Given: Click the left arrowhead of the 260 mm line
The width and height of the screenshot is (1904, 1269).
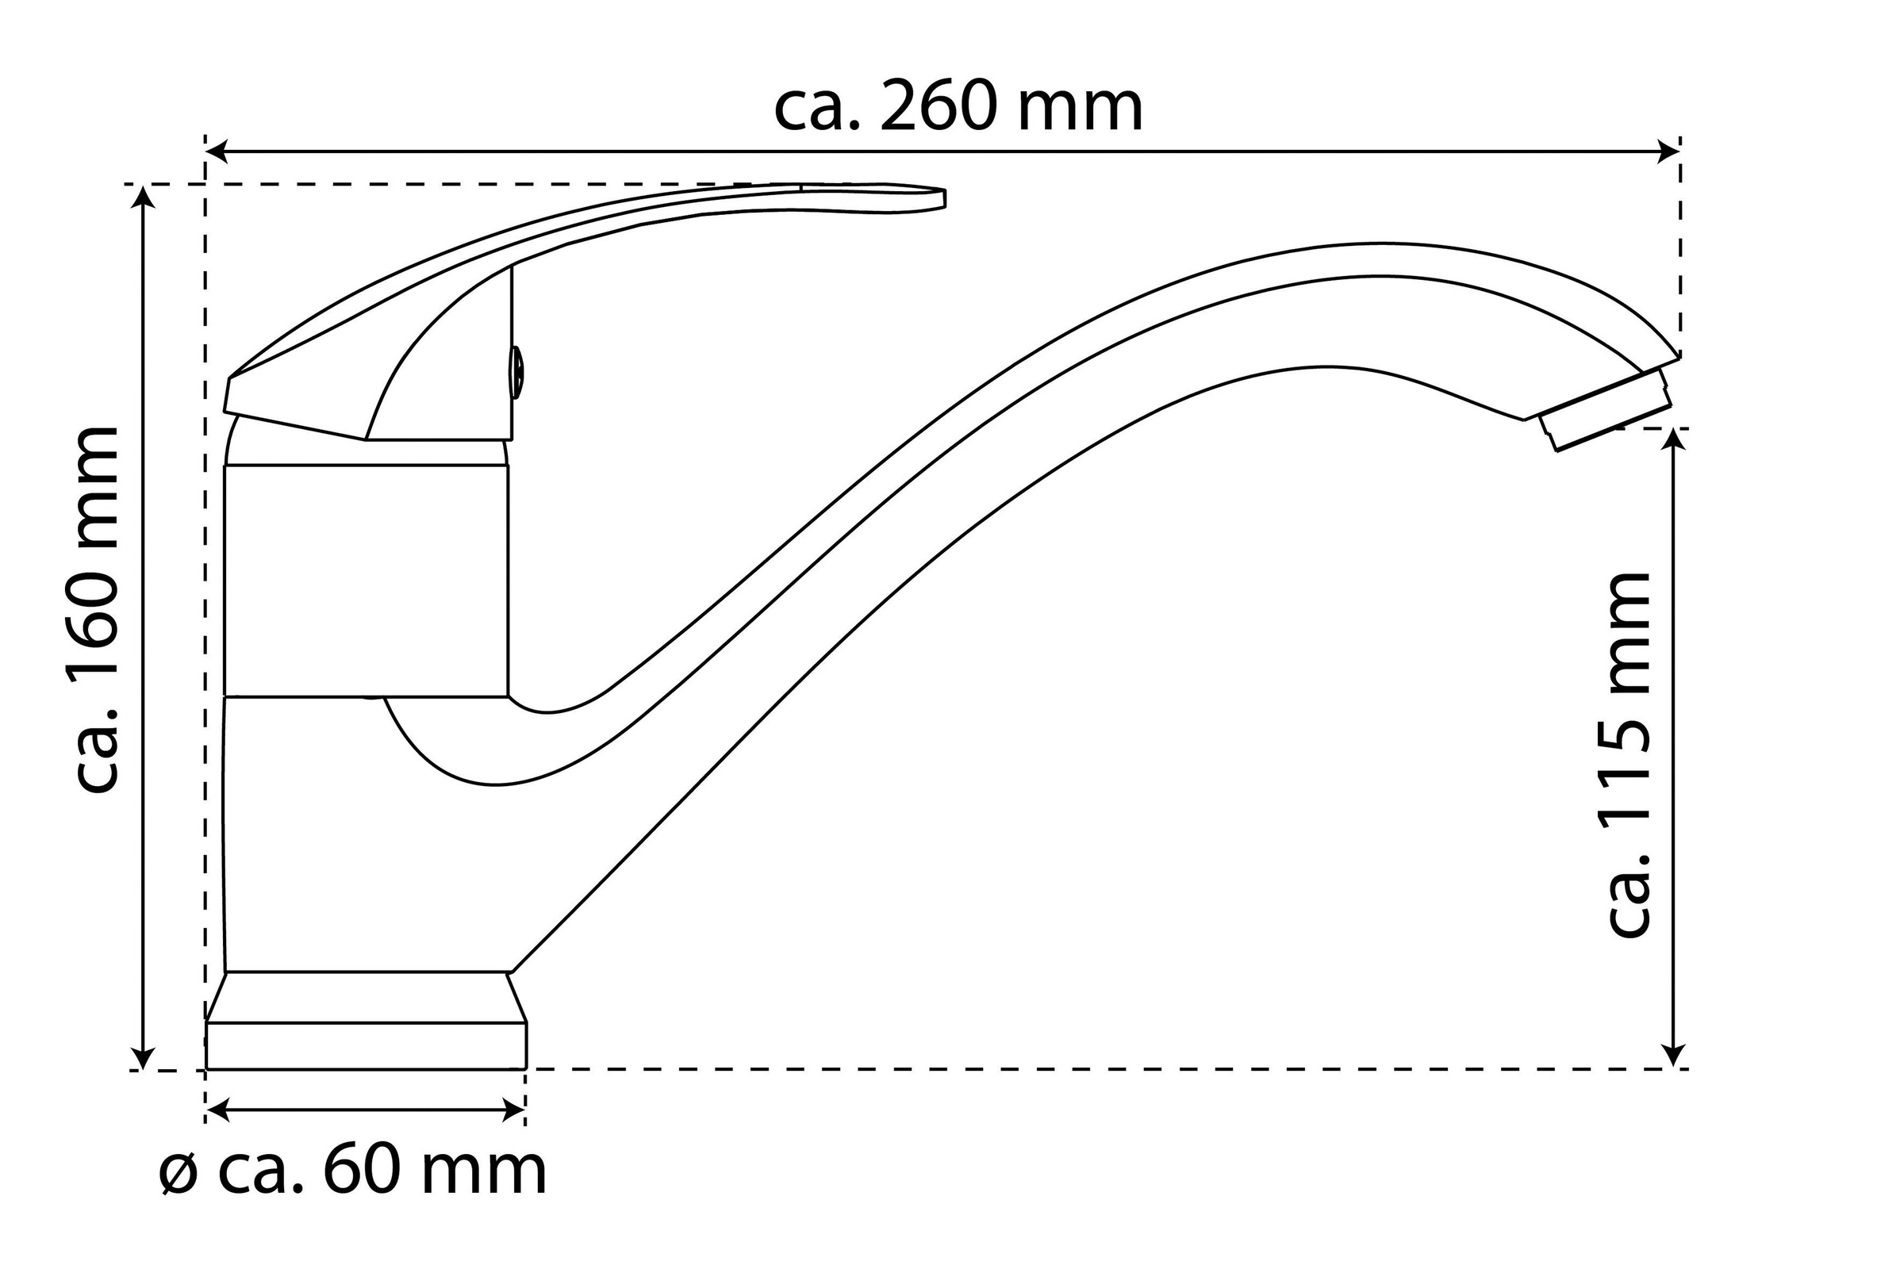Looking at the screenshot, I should tap(217, 151).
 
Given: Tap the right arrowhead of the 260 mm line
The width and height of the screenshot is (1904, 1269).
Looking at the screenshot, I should tap(1668, 151).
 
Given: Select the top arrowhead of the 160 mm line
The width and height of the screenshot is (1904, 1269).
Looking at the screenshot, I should tap(144, 197).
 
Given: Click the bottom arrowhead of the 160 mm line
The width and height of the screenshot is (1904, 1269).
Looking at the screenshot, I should tap(144, 1058).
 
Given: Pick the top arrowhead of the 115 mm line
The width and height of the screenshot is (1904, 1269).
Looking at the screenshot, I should tap(1673, 439).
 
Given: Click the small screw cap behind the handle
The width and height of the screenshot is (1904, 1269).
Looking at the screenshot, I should tap(516, 372).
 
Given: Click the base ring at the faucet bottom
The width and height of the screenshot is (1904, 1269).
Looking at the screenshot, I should tap(366, 1045).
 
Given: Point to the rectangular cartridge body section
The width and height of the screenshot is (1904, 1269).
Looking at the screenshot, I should tap(366, 580).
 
